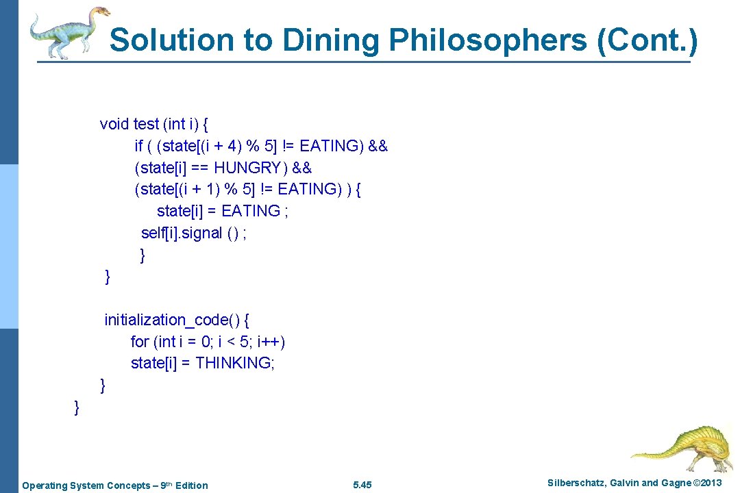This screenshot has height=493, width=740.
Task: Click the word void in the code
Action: (114, 124)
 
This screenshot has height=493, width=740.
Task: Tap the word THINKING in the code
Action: (234, 363)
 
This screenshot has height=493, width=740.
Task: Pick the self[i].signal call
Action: (194, 233)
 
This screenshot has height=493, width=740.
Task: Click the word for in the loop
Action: (140, 342)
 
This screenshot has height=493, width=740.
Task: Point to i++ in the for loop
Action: (270, 342)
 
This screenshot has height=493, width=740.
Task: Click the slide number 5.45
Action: (362, 485)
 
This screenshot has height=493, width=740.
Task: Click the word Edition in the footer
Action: (192, 485)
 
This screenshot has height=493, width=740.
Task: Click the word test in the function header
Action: (146, 124)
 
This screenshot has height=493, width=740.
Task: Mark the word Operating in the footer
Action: (42, 485)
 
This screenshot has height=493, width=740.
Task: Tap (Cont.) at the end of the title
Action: (647, 41)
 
